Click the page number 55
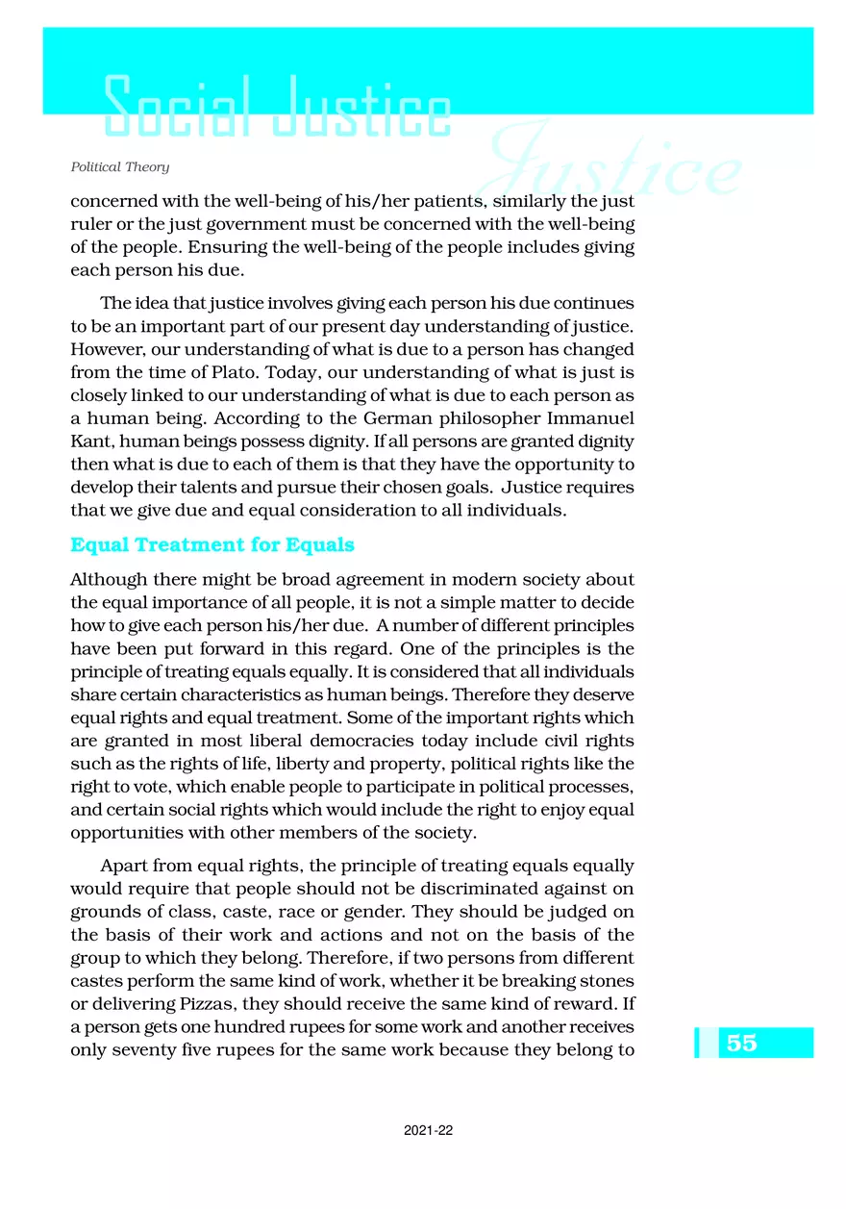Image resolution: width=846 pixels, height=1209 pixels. coord(741,1043)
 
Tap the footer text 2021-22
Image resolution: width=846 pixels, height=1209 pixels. coord(429,1131)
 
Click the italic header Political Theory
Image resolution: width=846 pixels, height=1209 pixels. coord(120,167)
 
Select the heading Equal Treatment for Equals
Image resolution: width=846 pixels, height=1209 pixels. coord(212,545)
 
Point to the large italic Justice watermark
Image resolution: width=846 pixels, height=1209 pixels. coord(615,168)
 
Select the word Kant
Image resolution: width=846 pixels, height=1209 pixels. coord(89,442)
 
